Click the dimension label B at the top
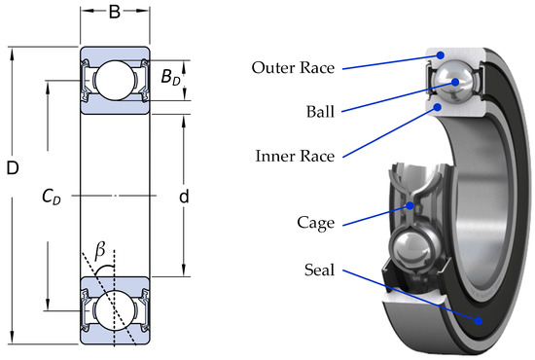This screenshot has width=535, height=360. point(115,12)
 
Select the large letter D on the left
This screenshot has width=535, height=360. point(13,168)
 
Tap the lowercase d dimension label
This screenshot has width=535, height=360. point(184,197)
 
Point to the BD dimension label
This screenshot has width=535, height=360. point(170,77)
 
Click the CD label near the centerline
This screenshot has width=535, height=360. point(52,197)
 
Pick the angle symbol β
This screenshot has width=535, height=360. point(100,250)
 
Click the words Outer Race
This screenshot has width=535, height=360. point(293,67)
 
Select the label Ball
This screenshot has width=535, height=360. point(320,112)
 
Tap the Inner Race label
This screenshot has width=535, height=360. point(295,156)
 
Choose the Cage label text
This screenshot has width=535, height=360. point(315,223)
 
